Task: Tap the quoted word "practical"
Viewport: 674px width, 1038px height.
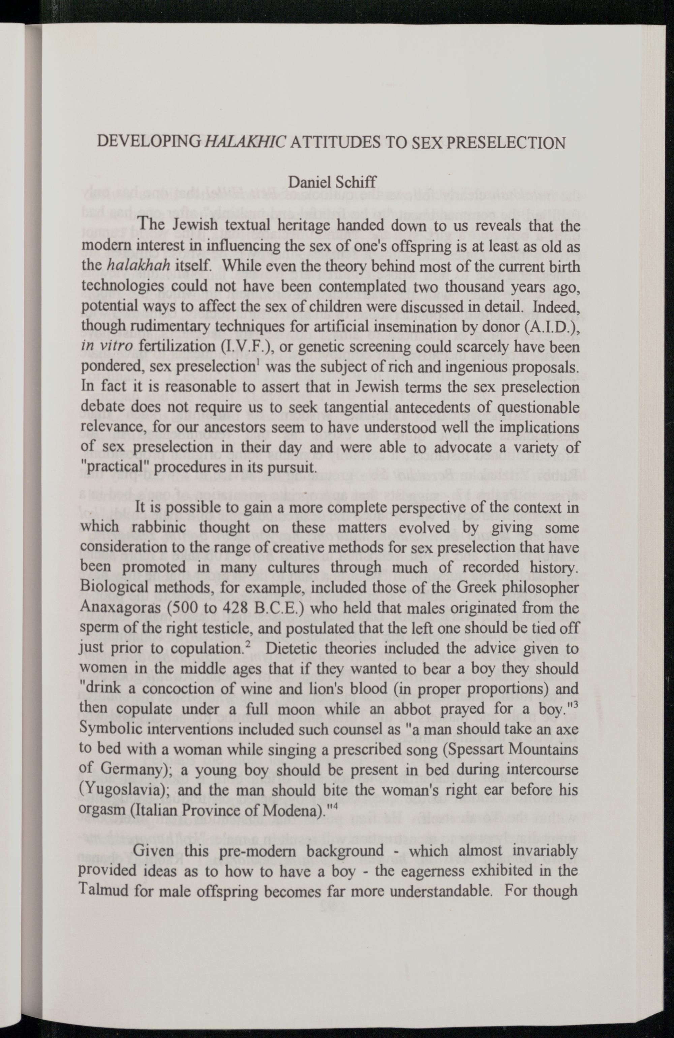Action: point(115,467)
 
